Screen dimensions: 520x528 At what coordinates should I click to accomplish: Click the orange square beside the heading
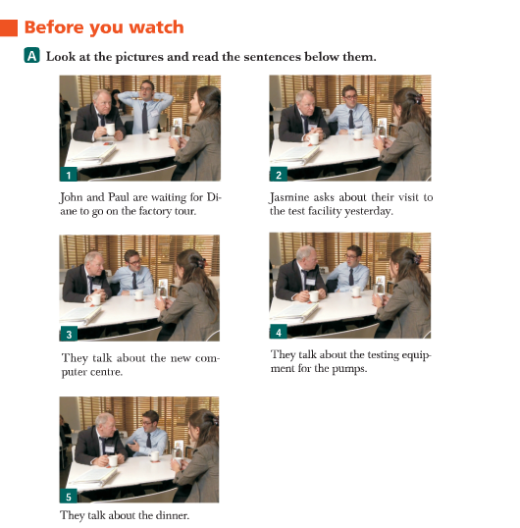(9, 27)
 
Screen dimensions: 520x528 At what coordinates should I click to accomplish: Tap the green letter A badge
(32, 56)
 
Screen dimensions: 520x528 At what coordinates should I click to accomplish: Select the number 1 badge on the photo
(69, 175)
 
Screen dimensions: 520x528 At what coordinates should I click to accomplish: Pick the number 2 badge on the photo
(279, 175)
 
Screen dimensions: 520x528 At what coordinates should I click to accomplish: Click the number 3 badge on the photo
(69, 334)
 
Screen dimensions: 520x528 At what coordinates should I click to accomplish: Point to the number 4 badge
(279, 332)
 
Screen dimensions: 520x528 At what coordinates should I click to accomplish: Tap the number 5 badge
(69, 496)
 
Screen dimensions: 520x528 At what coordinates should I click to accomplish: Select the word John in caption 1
(71, 197)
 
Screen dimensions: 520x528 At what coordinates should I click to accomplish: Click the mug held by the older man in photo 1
(110, 130)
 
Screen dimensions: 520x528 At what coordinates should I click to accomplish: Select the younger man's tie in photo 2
(351, 119)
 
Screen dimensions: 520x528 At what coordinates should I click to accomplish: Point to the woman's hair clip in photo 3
(201, 262)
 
